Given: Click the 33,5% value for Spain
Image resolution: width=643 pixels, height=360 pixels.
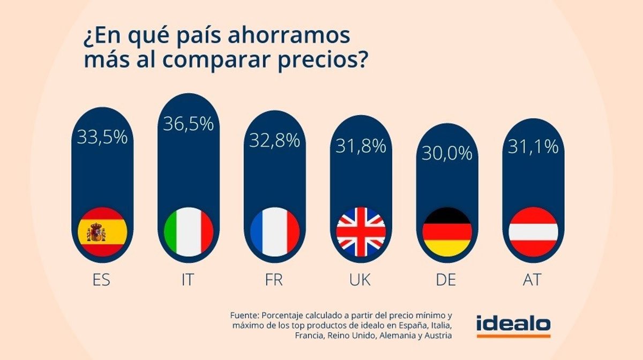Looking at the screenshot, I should [x=102, y=137].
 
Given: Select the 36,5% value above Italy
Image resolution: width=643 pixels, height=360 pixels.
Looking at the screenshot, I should [x=188, y=124].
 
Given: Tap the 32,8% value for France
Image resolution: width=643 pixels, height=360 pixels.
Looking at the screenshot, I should [x=274, y=140].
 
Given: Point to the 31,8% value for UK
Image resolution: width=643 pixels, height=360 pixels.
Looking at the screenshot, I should [x=361, y=146].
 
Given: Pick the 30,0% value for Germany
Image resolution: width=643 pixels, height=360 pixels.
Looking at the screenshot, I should [x=447, y=154].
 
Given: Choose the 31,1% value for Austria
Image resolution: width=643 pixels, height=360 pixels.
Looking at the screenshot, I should [x=533, y=146].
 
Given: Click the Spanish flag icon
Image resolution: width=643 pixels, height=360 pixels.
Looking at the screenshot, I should [x=102, y=232].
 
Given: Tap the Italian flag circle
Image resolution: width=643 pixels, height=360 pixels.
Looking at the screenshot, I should [x=188, y=232].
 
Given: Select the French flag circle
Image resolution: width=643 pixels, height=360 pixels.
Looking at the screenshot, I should [x=274, y=232].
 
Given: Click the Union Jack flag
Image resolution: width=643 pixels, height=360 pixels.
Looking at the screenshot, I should [x=361, y=232].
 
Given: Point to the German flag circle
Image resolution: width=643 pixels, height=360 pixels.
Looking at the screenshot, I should [x=447, y=232].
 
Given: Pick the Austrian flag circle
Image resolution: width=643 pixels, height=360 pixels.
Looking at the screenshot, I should [x=533, y=232].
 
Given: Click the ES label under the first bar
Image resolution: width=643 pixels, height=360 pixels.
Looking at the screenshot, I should [x=101, y=280].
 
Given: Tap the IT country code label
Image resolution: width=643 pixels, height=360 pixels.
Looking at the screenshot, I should [x=188, y=280].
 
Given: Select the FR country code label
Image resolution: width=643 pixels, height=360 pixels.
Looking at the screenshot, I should [x=274, y=280].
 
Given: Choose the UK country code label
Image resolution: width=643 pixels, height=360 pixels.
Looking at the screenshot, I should [x=361, y=280].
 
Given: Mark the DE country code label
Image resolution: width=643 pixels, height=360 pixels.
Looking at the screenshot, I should [x=447, y=280].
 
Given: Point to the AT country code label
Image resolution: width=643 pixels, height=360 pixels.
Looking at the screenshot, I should [x=533, y=280].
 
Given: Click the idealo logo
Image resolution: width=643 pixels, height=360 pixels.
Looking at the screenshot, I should [x=513, y=325].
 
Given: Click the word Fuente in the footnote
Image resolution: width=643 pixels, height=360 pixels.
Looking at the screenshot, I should [x=244, y=315].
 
